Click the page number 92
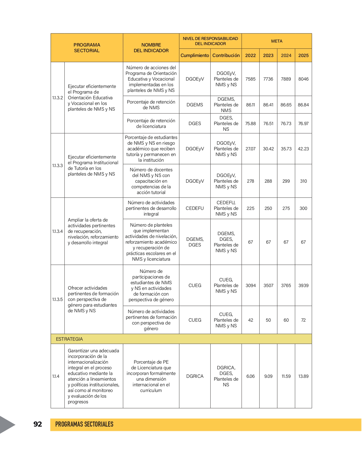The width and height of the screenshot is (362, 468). click(x=38, y=424)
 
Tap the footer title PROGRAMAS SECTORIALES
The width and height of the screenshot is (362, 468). click(x=84, y=424)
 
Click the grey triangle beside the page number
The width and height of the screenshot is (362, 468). click(x=7, y=425)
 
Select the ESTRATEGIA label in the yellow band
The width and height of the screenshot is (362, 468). click(x=69, y=339)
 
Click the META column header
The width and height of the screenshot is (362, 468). click(x=277, y=41)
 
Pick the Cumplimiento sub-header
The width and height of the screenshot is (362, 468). click(x=195, y=55)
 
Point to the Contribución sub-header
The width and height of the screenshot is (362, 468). click(x=226, y=55)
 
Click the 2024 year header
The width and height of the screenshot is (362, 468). click(x=286, y=55)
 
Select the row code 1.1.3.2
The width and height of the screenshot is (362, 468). click(x=58, y=98)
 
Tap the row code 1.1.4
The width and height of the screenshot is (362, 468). click(x=56, y=376)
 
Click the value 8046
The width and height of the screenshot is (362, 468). click(x=303, y=79)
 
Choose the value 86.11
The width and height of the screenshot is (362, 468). click(x=250, y=105)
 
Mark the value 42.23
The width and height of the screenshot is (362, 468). click(x=303, y=149)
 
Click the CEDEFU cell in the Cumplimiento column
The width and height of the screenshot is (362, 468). click(x=195, y=208)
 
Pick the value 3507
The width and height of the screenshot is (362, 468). click(x=268, y=285)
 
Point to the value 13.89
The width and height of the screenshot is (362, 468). click(x=303, y=376)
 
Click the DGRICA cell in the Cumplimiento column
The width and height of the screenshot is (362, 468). click(x=195, y=376)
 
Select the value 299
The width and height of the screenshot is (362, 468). click(x=286, y=181)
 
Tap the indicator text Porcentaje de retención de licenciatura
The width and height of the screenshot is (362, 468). click(x=151, y=123)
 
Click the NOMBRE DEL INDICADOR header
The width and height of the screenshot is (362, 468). click(x=151, y=48)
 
